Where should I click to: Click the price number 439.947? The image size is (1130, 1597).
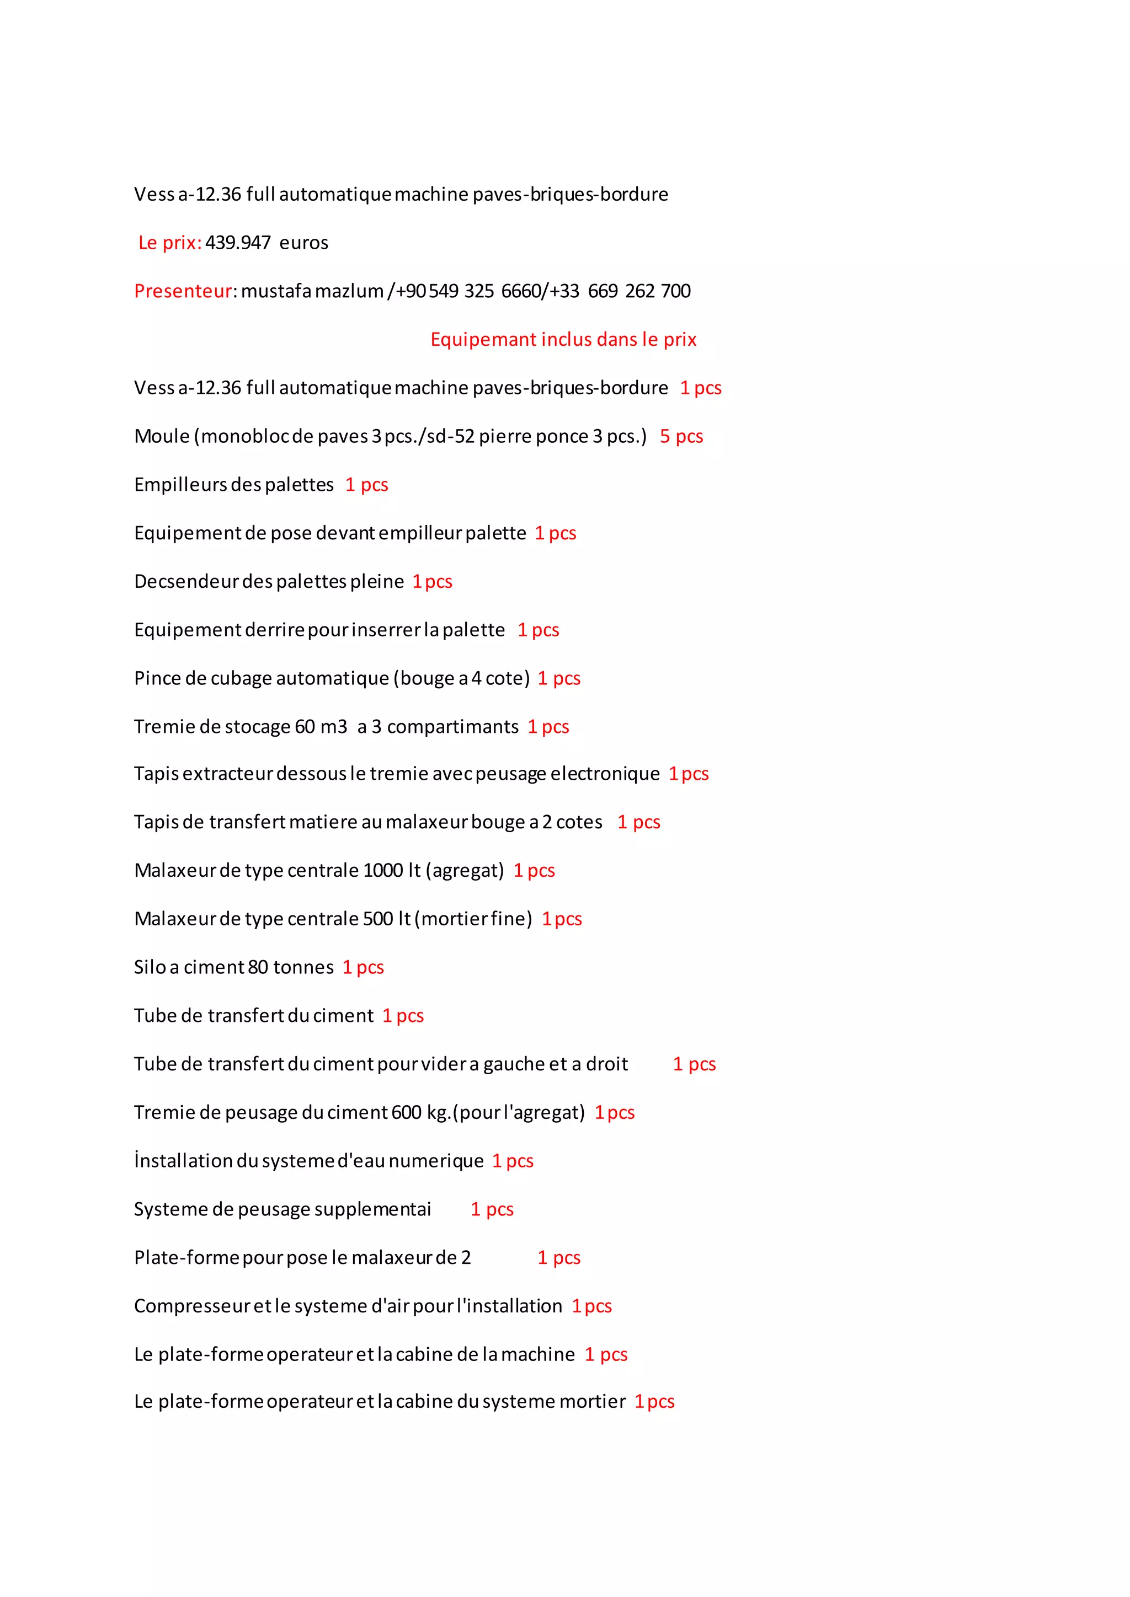[x=237, y=243]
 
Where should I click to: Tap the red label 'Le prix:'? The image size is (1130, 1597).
[x=170, y=243]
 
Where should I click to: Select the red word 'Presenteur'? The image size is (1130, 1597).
[x=182, y=291]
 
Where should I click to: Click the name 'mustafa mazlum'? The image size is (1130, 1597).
[x=312, y=291]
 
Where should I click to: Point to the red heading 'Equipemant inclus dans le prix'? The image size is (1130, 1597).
[x=563, y=340]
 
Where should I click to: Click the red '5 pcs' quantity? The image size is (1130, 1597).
[x=681, y=436]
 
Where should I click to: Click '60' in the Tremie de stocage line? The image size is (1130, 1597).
[x=305, y=727]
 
